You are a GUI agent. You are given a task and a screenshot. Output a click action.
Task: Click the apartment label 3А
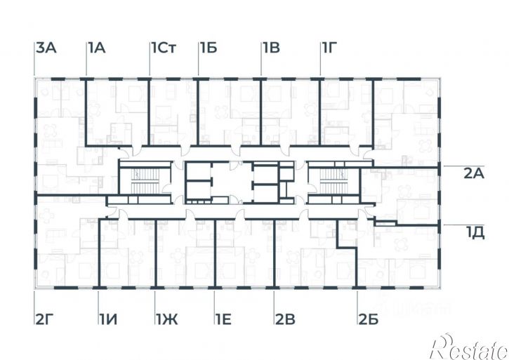(46, 48)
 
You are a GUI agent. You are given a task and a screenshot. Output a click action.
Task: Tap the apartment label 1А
(97, 48)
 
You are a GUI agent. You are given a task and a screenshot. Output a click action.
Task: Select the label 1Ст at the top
(164, 48)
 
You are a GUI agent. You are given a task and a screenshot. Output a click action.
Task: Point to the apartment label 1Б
(209, 48)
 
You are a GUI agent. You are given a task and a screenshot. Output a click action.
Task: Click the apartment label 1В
(272, 48)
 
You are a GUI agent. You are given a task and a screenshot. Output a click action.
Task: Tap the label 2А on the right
(474, 173)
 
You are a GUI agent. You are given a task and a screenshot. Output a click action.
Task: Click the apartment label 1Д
(475, 233)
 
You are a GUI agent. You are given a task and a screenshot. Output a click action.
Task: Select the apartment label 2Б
(369, 319)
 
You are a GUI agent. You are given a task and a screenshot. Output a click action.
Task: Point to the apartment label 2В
(286, 319)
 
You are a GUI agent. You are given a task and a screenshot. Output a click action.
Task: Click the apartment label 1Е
(224, 319)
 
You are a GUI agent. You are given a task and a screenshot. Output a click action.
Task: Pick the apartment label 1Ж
(167, 319)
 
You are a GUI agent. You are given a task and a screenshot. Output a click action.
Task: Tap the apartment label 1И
(108, 319)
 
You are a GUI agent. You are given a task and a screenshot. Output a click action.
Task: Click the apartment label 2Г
(44, 319)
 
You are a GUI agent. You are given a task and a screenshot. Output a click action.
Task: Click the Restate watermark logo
(469, 346)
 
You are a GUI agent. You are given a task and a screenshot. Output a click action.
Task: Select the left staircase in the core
(145, 182)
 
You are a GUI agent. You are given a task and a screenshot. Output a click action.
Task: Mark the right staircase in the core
(333, 182)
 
